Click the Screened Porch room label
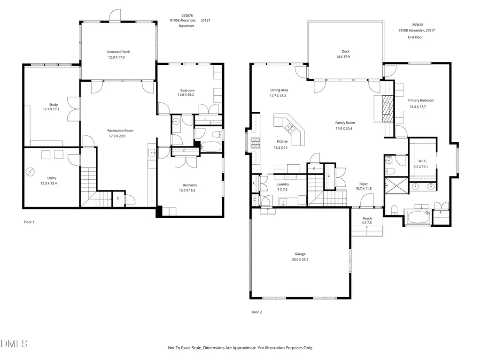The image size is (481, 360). point(118,52)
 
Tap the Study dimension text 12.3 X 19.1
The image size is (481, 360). point(51,109)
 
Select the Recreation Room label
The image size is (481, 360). point(120,130)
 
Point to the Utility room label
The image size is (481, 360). point(52,178)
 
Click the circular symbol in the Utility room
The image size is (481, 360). point(30,172)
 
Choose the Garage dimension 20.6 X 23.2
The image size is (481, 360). point(300,260)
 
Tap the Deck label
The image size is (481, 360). point(345,52)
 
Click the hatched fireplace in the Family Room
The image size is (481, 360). point(388,109)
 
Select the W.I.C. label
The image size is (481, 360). point(422,161)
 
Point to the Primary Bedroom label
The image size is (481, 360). point(420,100)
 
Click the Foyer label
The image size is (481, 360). point(364,184)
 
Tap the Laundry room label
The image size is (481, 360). point(282,184)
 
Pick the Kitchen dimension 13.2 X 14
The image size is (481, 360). point(280,148)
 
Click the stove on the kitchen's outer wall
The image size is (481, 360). point(256,143)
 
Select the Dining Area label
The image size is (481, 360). point(279,90)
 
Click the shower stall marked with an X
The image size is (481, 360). point(396,185)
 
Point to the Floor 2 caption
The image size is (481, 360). point(256,312)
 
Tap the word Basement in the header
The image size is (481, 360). point(186,26)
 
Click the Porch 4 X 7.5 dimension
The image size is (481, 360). point(366,223)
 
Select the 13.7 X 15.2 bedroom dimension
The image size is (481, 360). point(187,191)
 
